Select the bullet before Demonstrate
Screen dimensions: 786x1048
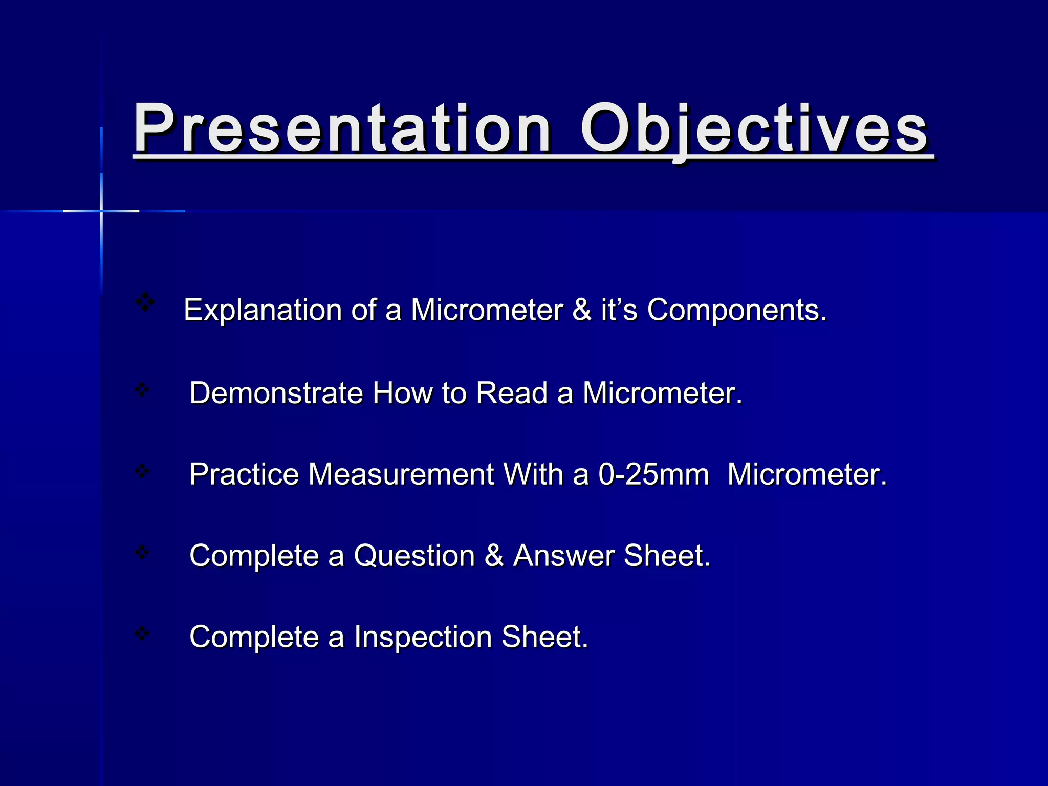[142, 390]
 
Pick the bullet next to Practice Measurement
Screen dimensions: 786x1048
[142, 471]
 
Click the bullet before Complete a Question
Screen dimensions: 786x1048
[142, 552]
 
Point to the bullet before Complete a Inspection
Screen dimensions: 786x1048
[142, 634]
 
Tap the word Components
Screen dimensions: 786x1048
[736, 310]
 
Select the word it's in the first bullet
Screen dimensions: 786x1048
[619, 310]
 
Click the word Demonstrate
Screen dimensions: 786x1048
[276, 393]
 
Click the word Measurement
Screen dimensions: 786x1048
[401, 474]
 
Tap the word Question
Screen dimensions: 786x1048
[414, 556]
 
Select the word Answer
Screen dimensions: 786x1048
[564, 556]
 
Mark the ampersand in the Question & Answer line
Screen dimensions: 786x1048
[494, 556]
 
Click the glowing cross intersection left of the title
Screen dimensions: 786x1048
[101, 211]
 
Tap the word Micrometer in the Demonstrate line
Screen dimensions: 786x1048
[662, 393]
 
